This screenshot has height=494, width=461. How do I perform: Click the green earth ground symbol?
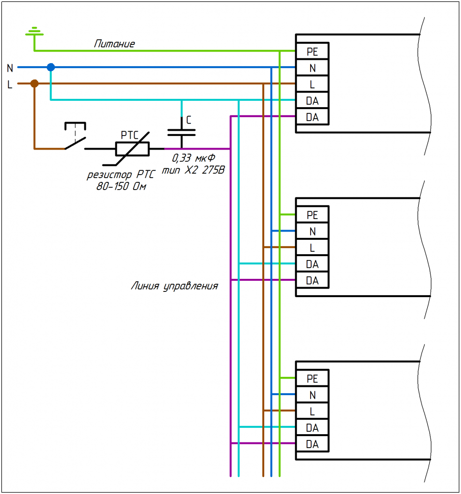[34, 31]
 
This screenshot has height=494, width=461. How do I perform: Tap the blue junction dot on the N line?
[51, 67]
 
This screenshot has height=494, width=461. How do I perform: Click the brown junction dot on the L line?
[34, 83]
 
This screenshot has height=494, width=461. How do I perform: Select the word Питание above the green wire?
[114, 44]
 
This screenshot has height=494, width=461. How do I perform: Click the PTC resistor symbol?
[132, 149]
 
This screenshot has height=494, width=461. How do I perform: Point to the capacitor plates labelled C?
[181, 133]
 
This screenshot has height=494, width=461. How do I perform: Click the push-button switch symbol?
[75, 136]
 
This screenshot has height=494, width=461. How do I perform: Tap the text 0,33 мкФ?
[194, 158]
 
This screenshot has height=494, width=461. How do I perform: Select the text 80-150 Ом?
[121, 187]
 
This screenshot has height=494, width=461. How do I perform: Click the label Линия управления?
[175, 286]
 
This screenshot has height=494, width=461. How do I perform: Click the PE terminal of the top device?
[312, 51]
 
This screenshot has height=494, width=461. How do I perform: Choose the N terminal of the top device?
[312, 68]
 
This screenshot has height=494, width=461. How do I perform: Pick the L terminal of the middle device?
[312, 247]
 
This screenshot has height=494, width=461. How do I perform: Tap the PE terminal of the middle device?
[312, 215]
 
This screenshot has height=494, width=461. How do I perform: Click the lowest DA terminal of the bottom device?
[312, 444]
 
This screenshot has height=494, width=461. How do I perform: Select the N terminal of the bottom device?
[312, 395]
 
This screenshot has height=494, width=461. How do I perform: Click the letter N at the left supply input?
[10, 68]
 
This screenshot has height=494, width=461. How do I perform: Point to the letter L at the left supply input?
[10, 84]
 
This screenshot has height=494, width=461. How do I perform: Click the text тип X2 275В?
[193, 170]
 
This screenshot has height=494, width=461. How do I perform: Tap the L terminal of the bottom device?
[312, 411]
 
